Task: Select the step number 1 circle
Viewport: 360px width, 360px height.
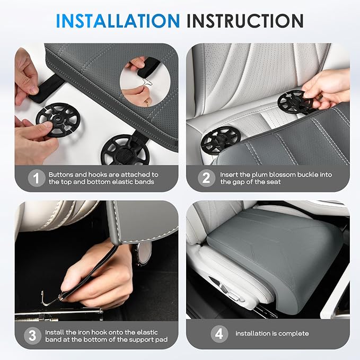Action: pyautogui.click(x=36, y=178)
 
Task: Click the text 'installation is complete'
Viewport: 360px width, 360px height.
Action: pyautogui.click(x=272, y=333)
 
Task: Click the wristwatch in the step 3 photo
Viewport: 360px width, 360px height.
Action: pyautogui.click(x=139, y=254)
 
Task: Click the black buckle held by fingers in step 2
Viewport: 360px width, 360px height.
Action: pyautogui.click(x=295, y=101)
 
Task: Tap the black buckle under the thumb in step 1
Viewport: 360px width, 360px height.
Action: pyautogui.click(x=58, y=119)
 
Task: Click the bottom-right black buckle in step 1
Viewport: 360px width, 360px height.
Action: pyautogui.click(x=125, y=150)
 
